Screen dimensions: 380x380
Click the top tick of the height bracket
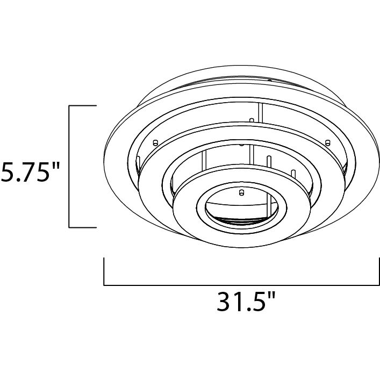click(x=82, y=106)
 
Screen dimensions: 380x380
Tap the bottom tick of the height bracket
click(x=82, y=227)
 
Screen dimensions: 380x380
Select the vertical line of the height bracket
click(x=69, y=167)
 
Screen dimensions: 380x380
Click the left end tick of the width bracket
click(x=104, y=271)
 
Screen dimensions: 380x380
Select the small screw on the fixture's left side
click(x=155, y=142)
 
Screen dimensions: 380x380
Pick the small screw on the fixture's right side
click(x=326, y=142)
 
